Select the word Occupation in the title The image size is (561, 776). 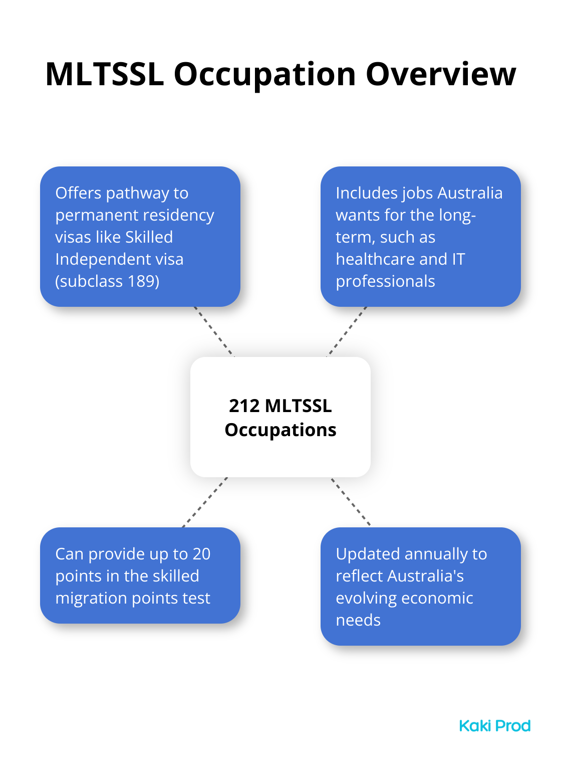point(265,76)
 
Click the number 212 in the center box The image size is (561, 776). point(244,406)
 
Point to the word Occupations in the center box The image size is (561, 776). point(280,431)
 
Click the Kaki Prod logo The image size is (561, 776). point(495,726)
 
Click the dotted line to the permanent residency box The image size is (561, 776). point(214,331)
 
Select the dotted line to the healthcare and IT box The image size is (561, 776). point(347,331)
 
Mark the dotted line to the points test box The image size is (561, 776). point(205,502)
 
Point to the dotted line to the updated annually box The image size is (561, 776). point(351,502)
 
